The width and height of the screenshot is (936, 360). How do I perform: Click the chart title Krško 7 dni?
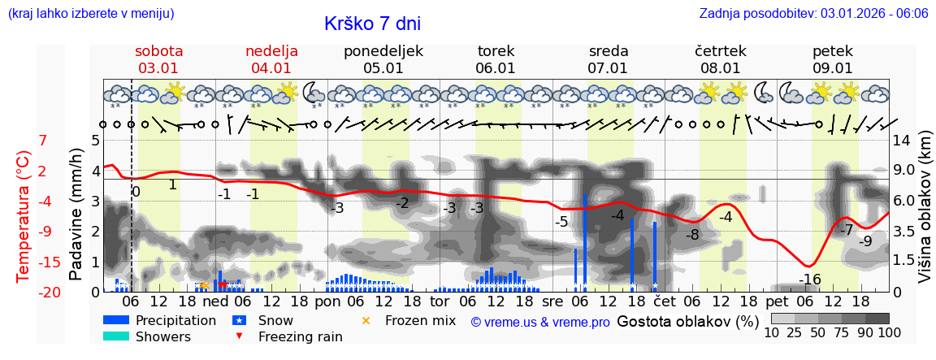(372, 24)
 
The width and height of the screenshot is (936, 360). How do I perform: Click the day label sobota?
(158, 50)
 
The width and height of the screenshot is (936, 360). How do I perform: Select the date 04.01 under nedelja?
(271, 68)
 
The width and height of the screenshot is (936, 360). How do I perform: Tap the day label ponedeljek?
(383, 50)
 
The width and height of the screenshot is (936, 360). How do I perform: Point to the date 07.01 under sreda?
(608, 68)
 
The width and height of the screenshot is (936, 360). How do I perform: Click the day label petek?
(832, 50)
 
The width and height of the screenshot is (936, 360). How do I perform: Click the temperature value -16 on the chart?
(809, 280)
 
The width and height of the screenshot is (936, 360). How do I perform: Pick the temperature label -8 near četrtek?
(692, 235)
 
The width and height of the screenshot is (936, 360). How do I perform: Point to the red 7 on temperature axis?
(43, 140)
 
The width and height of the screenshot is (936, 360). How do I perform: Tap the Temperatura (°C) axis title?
(24, 216)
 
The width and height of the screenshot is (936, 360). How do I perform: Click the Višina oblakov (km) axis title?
(925, 216)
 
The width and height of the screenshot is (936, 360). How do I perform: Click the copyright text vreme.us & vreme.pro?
(540, 322)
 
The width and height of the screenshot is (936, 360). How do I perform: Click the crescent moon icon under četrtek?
(764, 92)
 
